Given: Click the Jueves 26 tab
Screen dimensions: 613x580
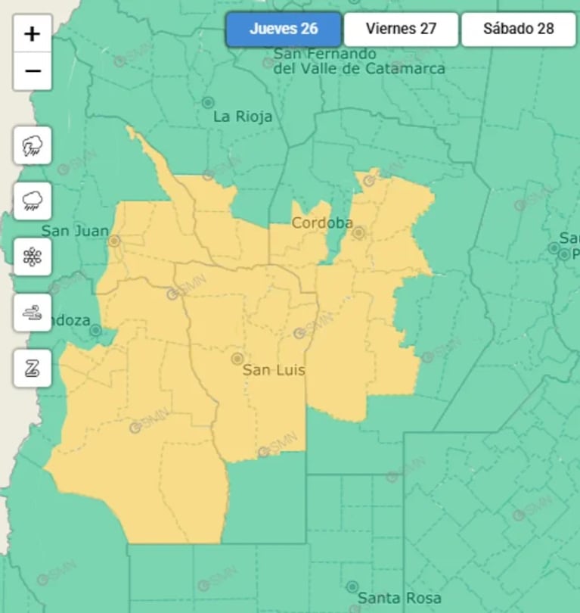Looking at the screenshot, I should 284,30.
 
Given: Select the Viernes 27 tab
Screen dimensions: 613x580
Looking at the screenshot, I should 401,30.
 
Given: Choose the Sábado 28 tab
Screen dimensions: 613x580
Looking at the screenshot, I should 519,30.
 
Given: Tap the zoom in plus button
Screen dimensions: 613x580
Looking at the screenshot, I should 33,34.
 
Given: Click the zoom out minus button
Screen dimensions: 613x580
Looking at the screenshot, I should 33,71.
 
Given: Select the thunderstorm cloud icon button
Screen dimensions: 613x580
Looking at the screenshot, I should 33,146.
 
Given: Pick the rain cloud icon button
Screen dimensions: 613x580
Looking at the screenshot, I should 33,201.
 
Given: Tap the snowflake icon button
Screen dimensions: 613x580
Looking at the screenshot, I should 33,257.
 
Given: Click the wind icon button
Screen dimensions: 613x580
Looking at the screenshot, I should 33,313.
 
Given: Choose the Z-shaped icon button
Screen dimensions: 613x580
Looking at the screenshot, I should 33,369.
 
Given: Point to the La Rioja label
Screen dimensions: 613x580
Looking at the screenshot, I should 243,117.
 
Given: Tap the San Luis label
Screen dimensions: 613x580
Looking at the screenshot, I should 268,371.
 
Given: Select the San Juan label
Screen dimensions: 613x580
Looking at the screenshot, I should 75,231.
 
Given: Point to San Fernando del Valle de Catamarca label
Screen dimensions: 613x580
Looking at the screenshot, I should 358,61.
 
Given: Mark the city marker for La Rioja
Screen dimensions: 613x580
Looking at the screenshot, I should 208,102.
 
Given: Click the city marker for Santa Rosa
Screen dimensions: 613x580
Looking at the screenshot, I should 352,587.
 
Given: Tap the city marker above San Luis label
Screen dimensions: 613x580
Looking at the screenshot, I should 237,358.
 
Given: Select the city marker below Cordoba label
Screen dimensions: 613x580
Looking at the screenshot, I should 359,233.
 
